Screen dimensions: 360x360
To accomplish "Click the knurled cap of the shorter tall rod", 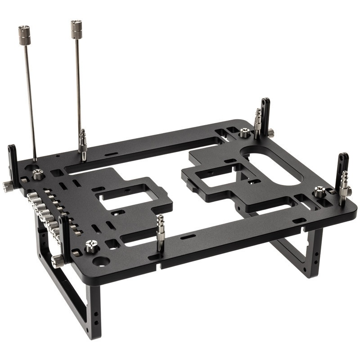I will [76, 29].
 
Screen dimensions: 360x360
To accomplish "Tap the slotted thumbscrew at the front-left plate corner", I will [92, 246].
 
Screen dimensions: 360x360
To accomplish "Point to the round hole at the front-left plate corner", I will [101, 261].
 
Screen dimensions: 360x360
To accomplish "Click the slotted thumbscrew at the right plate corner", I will [319, 192].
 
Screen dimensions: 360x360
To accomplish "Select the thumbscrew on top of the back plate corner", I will [244, 133].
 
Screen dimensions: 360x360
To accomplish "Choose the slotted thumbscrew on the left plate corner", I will [38, 175].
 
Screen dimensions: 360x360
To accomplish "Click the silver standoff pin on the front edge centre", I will [160, 232].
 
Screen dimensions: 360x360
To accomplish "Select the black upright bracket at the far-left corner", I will [13, 164].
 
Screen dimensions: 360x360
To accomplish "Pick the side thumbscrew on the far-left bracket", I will [7, 186].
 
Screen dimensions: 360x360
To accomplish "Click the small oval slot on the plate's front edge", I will [188, 237].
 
